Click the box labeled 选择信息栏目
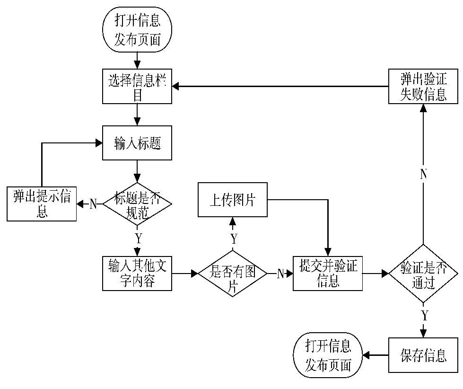[137, 86]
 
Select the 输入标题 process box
[137, 143]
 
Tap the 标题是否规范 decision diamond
[138, 204]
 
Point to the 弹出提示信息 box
[42, 204]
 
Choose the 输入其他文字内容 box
[137, 274]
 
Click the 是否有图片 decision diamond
[232, 274]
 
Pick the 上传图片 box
[232, 200]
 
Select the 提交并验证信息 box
[328, 274]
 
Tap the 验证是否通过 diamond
[424, 274]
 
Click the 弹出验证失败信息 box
[424, 86]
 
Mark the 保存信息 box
[424, 355]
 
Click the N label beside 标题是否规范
[93, 204]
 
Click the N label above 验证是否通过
[424, 174]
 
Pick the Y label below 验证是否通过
[425, 315]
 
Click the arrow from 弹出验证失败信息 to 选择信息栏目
[279, 86]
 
